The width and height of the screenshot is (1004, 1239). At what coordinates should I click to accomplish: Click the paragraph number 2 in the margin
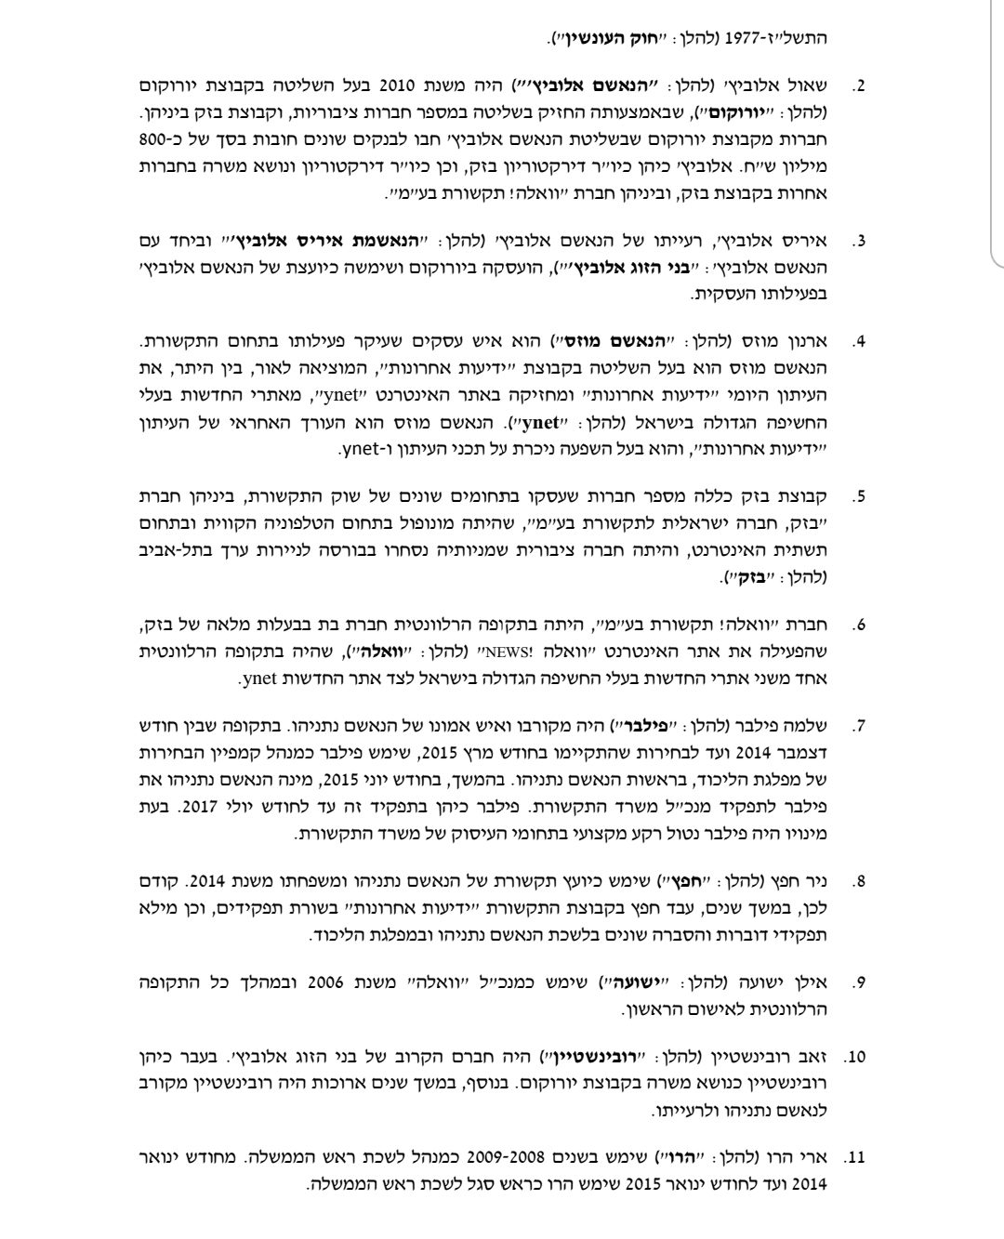click(x=859, y=86)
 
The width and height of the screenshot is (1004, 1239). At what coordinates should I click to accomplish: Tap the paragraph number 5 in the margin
click(x=859, y=494)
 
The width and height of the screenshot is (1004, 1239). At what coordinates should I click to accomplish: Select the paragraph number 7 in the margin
click(x=859, y=725)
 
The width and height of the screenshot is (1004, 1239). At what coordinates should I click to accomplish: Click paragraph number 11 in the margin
click(x=856, y=1159)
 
